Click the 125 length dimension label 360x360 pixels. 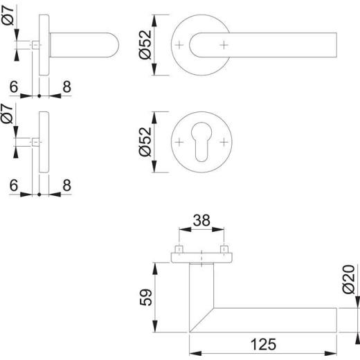point(263,344)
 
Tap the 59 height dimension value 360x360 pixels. point(146,297)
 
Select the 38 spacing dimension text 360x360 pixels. point(201,220)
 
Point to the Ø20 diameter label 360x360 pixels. point(348,280)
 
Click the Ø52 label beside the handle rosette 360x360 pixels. point(145,45)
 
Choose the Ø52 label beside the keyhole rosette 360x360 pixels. point(145,142)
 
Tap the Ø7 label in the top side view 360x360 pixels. point(8,15)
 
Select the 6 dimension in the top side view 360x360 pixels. point(14,87)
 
